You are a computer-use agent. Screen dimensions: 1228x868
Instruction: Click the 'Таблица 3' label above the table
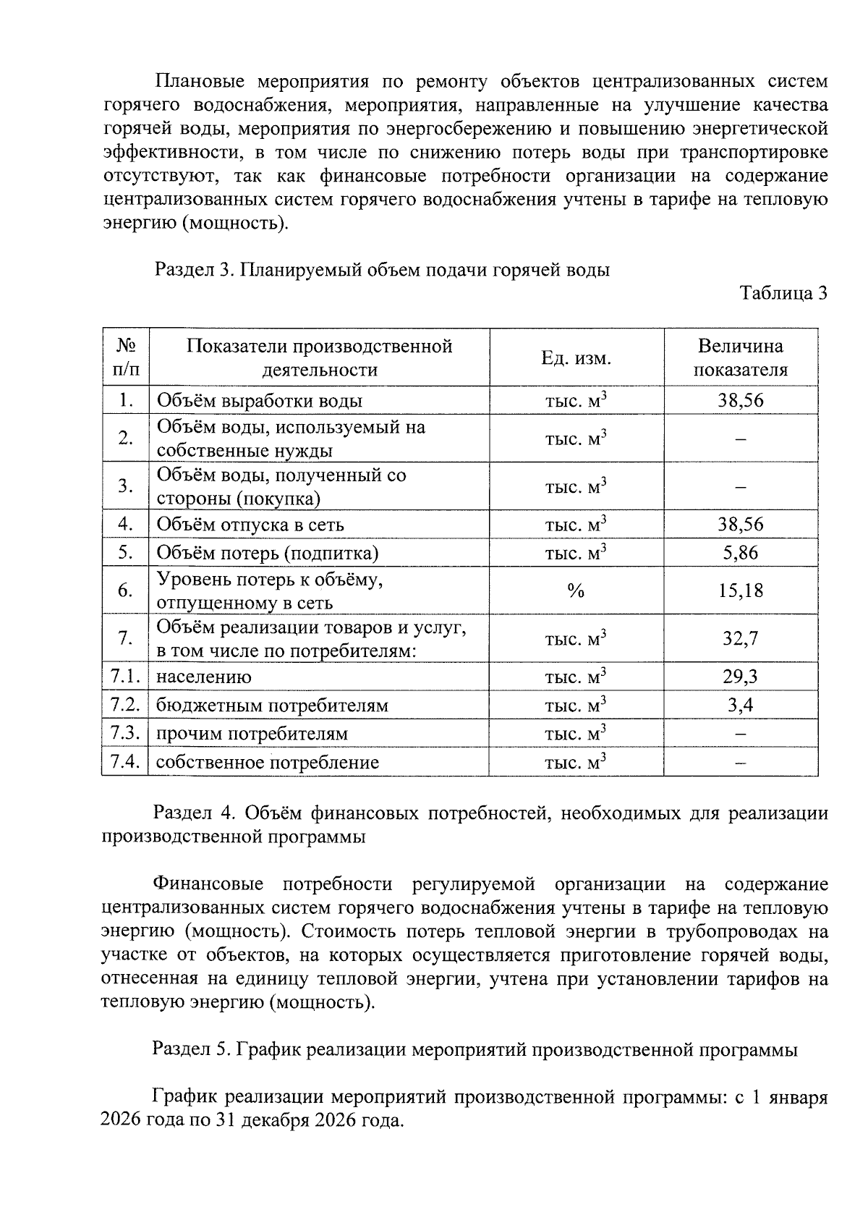click(x=783, y=294)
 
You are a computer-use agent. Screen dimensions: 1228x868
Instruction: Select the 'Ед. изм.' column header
click(x=576, y=358)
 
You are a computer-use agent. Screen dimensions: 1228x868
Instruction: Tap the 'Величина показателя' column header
click(x=740, y=358)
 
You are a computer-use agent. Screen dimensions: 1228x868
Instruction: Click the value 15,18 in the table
click(x=740, y=591)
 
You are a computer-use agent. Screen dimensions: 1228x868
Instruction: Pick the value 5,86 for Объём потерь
click(x=740, y=554)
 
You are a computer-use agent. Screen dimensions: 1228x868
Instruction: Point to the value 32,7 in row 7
click(x=740, y=639)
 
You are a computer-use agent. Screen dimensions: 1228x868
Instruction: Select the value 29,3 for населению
click(x=740, y=677)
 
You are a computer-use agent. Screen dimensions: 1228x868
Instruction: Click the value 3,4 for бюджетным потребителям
click(x=740, y=706)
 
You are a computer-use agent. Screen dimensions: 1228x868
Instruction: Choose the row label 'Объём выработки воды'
click(x=260, y=401)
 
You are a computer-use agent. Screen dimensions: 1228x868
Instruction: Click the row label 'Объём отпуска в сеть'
click(x=250, y=525)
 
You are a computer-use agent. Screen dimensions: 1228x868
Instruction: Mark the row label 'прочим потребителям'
click(x=252, y=734)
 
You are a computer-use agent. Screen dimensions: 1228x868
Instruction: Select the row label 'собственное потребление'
click(x=267, y=763)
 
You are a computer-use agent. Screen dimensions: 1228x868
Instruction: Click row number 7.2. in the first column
click(x=124, y=705)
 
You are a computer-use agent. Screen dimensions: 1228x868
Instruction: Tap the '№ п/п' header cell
click(x=124, y=358)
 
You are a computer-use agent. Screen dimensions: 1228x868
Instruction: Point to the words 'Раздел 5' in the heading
click(x=191, y=1050)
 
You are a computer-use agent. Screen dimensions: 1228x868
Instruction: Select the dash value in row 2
click(x=740, y=439)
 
